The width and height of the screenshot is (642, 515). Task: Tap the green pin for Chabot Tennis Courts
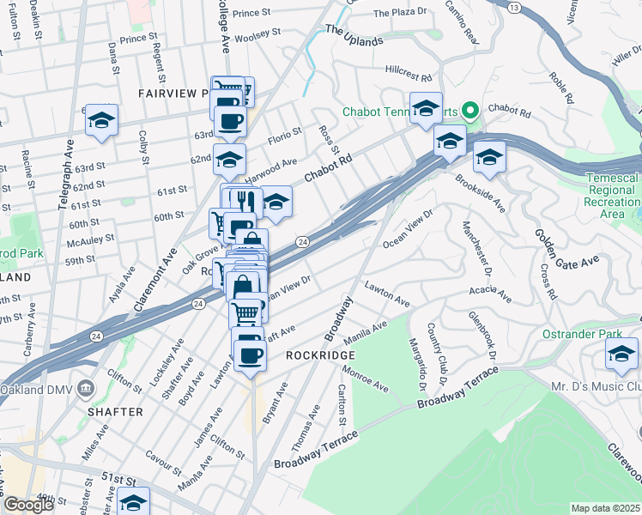click(x=469, y=112)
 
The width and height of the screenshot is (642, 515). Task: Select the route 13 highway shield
click(x=513, y=7)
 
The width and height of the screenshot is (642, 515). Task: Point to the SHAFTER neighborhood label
click(x=114, y=412)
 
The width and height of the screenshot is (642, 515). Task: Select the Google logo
click(x=28, y=505)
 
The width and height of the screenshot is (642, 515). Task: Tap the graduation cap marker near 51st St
click(x=133, y=503)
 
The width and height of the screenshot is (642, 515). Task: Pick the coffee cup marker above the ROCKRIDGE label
click(x=250, y=355)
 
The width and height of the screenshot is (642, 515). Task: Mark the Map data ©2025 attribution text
click(x=604, y=508)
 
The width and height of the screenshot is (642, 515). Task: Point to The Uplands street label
click(x=354, y=35)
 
